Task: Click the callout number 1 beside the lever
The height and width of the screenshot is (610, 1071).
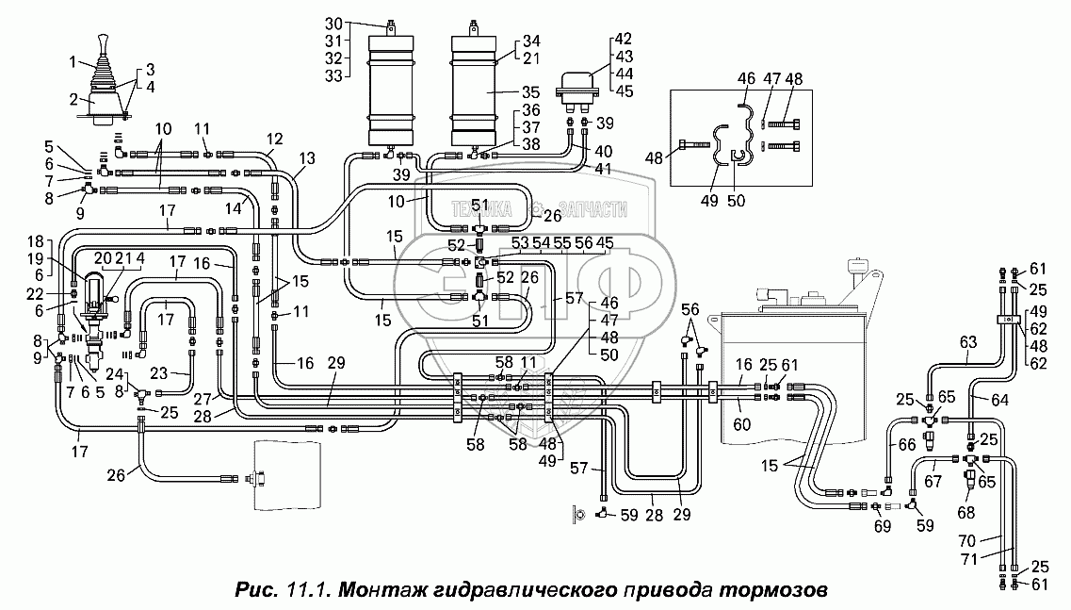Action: coord(73,63)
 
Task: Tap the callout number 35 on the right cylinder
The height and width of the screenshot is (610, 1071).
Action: coord(530,92)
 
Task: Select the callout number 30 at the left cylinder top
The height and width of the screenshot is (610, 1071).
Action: coord(333,25)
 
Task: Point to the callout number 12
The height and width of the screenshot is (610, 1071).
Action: coord(274,140)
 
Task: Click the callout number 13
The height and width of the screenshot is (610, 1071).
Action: coord(307,158)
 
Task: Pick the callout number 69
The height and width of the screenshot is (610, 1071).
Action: coord(883,526)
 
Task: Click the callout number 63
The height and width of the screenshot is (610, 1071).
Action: coord(968,341)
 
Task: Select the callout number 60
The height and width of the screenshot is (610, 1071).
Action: coord(741,424)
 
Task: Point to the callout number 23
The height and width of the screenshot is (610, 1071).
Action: coord(158,373)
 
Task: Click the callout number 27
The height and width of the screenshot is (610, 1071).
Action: coord(203,400)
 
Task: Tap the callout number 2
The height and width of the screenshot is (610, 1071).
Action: coord(73,101)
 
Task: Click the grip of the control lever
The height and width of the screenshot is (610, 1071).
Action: coord(103,43)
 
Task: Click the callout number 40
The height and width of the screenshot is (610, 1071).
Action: coord(603,151)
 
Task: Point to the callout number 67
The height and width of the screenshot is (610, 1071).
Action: coord(933,482)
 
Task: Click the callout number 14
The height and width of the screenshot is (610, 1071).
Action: coord(233,208)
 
